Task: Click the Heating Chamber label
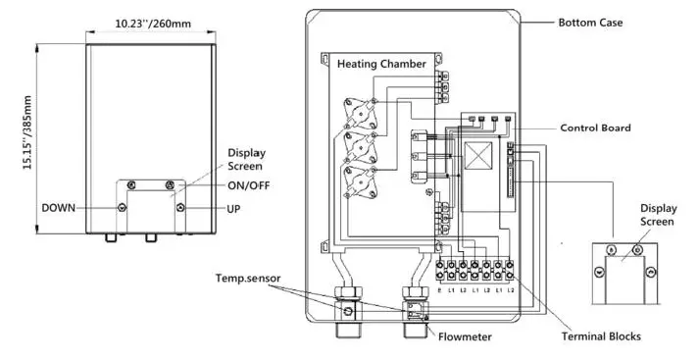tap(381, 64)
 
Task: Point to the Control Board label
tap(595, 128)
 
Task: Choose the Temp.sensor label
tap(249, 279)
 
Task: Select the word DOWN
tap(60, 208)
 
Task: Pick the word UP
tap(234, 209)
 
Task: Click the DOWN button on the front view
tap(121, 208)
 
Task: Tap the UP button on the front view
tap(178, 208)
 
